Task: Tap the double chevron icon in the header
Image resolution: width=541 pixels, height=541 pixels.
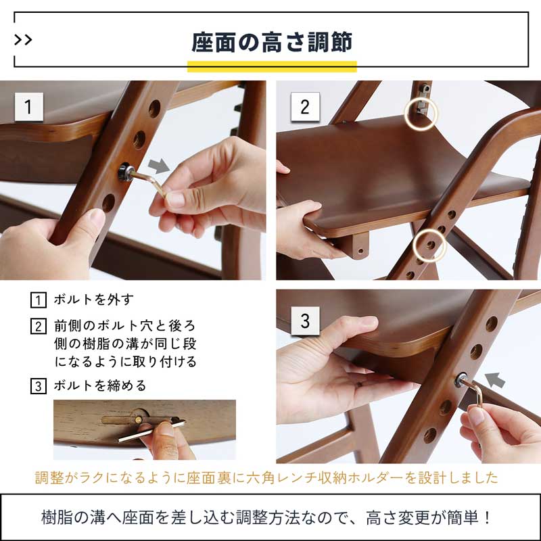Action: click(23, 40)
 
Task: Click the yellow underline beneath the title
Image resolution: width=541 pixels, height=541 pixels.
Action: click(271, 66)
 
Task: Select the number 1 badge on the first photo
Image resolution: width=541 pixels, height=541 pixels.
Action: click(28, 107)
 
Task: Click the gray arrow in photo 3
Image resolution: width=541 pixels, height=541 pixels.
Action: click(496, 379)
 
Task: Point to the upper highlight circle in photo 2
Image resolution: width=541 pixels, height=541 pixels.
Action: click(421, 115)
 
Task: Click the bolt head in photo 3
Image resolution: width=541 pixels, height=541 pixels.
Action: click(465, 380)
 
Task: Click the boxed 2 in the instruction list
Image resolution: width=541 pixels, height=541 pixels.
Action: click(39, 326)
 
